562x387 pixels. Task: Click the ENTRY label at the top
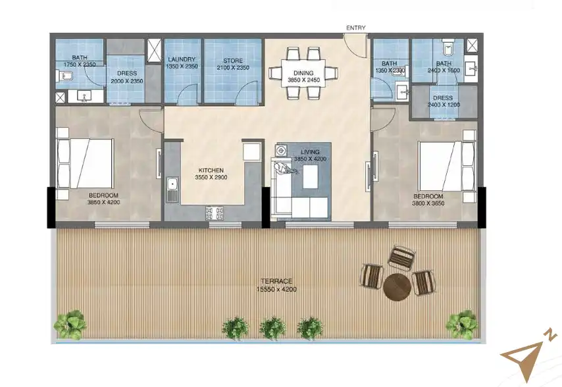(355, 28)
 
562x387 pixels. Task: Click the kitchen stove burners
(215, 213)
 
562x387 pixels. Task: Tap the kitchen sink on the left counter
(172, 190)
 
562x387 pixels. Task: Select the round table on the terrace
(397, 287)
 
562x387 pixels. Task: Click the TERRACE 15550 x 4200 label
(275, 285)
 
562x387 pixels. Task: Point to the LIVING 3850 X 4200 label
(309, 155)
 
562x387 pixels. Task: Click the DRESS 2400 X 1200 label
(442, 101)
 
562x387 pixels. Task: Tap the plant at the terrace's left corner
(69, 323)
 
